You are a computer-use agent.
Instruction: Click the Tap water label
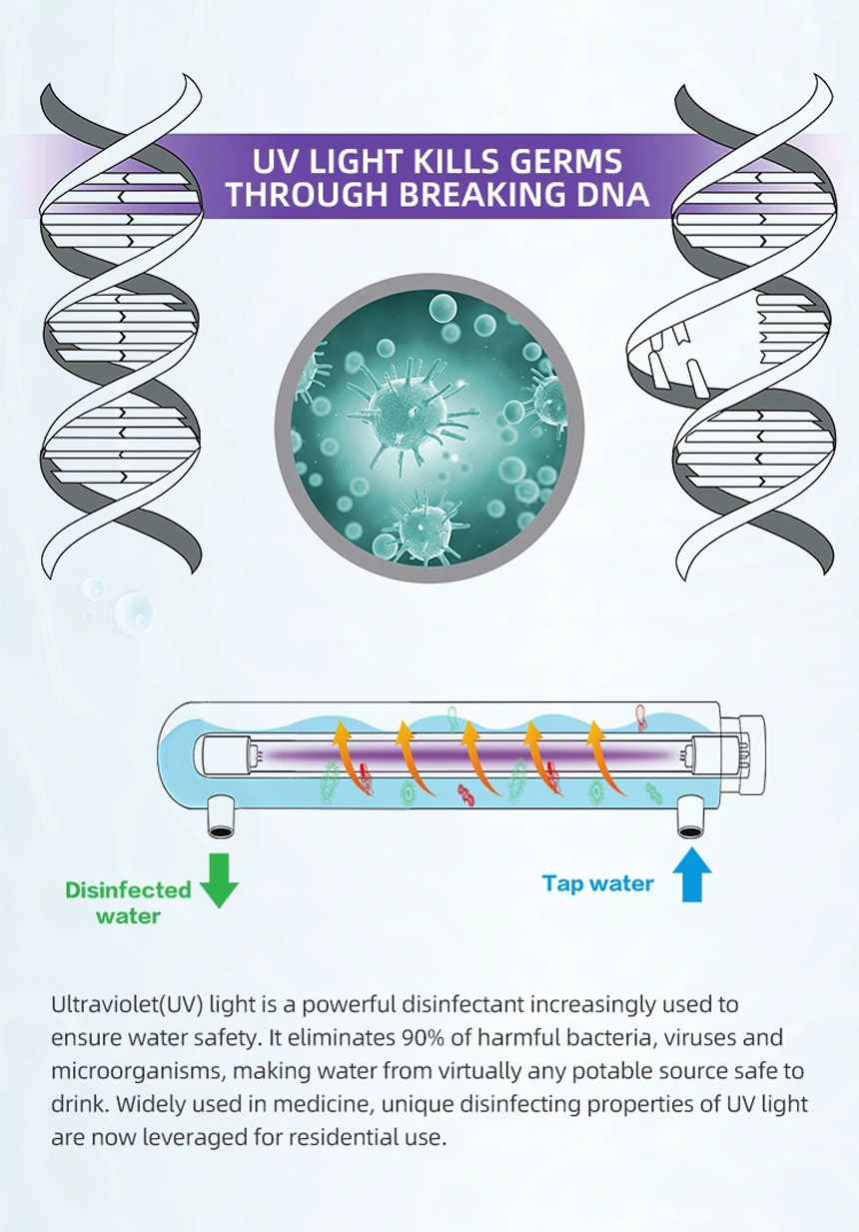point(597,883)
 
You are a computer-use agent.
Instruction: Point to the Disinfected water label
point(128,903)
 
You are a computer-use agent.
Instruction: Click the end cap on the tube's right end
point(742,755)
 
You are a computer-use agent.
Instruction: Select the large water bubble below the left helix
point(133,612)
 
